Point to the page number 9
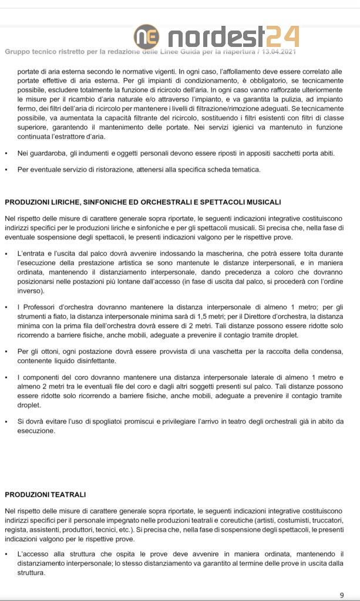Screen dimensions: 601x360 pyautogui.click(x=342, y=595)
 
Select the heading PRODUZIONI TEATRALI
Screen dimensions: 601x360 pyautogui.click(x=45, y=495)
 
